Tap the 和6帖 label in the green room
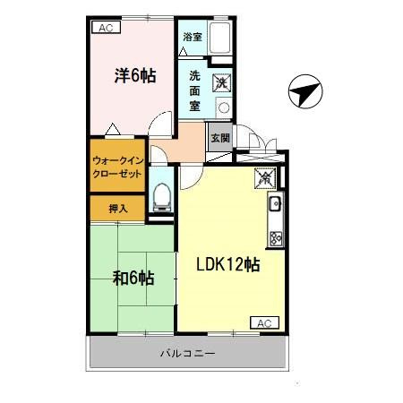click(133, 278)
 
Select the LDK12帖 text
click(228, 265)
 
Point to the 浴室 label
click(192, 37)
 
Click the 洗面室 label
click(194, 90)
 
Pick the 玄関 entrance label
click(219, 138)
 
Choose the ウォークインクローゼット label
click(116, 167)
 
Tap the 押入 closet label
click(117, 209)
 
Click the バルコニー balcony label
click(188, 354)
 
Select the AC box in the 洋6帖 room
click(106, 28)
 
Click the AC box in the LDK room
click(263, 322)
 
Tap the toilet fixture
click(162, 195)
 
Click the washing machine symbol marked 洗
click(220, 83)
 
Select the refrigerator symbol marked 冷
click(265, 177)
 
